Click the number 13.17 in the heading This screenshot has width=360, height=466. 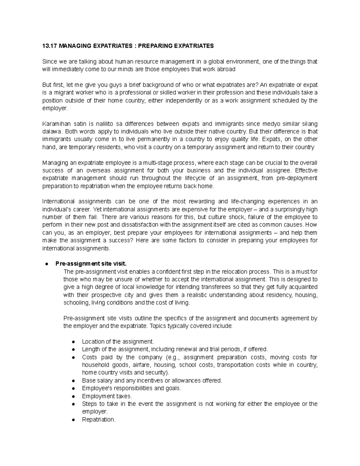click(x=49, y=46)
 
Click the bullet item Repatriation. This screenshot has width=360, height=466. click(x=98, y=419)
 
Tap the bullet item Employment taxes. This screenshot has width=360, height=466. click(x=107, y=396)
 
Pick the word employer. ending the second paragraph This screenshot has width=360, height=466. click(x=55, y=108)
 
